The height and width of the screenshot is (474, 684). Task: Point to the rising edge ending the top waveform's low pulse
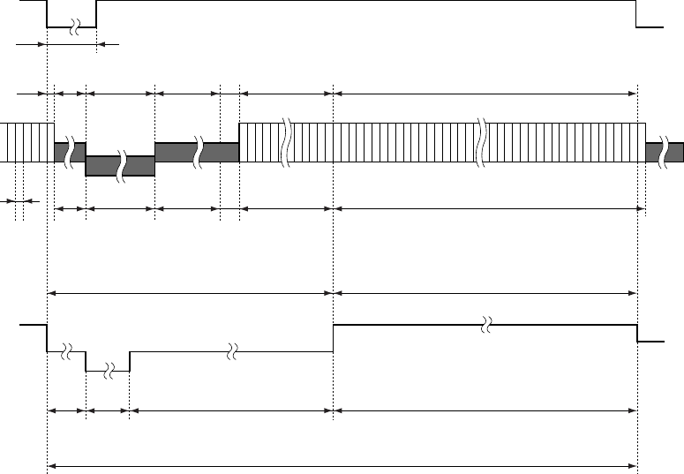[x=96, y=14]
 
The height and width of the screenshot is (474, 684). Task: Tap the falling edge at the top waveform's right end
[x=637, y=14]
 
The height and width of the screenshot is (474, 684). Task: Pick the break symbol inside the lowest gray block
[x=122, y=165]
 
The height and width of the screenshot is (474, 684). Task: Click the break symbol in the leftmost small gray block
[x=67, y=152]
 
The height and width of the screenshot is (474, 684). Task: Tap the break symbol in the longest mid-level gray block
[x=199, y=152]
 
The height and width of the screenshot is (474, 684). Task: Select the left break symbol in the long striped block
[x=286, y=142]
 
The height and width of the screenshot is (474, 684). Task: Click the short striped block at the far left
[x=26, y=142]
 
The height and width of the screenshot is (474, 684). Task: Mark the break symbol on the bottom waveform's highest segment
[x=485, y=326]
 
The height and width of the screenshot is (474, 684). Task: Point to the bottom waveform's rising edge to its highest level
[x=333, y=338]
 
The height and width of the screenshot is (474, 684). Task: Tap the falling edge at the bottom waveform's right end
[x=637, y=334]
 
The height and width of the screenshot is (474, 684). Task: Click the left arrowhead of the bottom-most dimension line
[x=50, y=466]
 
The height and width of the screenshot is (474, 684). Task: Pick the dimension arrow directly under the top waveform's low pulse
[x=71, y=43]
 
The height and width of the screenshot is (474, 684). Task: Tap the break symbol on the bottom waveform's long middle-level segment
[x=230, y=351]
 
